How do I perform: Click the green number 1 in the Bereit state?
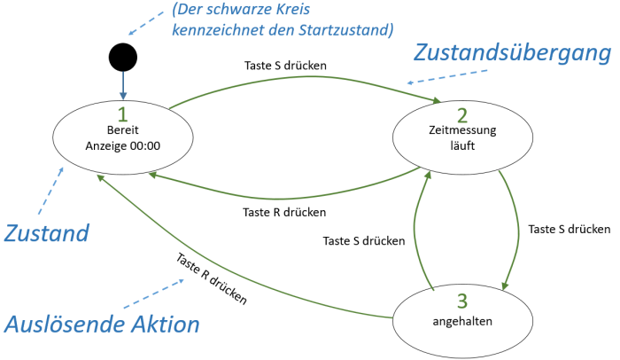click(x=123, y=113)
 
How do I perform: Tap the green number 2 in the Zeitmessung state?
click(x=461, y=114)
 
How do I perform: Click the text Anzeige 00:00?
click(x=123, y=146)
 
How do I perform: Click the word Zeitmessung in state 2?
click(x=461, y=131)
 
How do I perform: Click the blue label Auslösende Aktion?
click(x=102, y=325)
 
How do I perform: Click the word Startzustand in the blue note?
click(x=347, y=30)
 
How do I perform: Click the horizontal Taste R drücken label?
click(x=283, y=213)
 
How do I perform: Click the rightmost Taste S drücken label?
click(x=567, y=229)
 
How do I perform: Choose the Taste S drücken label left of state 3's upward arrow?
click(x=364, y=240)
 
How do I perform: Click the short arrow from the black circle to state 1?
click(x=123, y=87)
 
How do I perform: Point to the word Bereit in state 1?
click(x=123, y=130)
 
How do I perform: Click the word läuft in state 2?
click(x=461, y=147)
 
